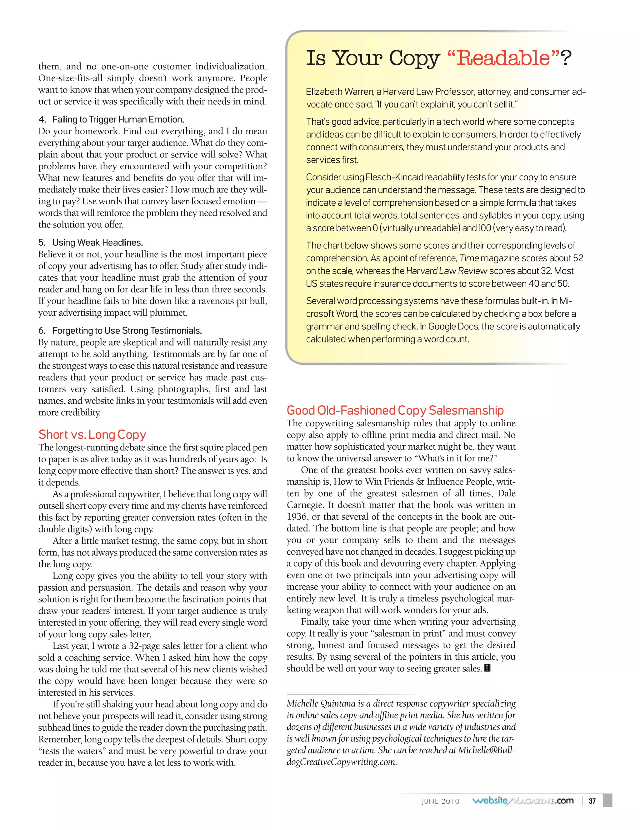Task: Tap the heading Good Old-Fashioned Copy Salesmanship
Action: (395, 410)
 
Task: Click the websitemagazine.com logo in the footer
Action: (522, 801)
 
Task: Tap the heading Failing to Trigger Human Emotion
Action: (118, 119)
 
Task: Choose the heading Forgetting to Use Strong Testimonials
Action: (127, 331)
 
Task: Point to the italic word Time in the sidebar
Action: (469, 258)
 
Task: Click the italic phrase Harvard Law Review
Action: (447, 271)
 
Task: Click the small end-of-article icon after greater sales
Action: (487, 668)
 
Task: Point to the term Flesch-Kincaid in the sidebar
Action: (394, 177)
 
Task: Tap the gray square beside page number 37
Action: (607, 801)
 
